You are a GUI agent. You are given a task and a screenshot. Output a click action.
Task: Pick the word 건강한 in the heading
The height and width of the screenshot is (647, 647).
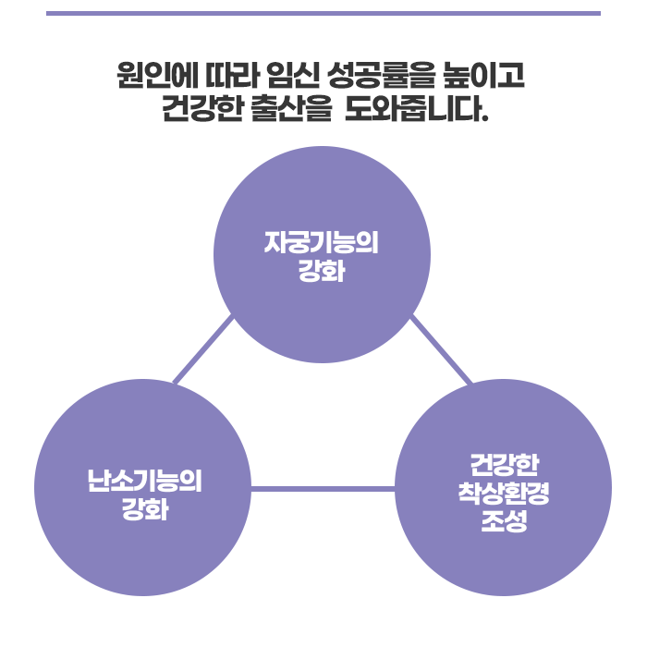click(201, 111)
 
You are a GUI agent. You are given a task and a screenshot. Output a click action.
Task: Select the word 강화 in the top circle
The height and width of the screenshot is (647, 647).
click(322, 273)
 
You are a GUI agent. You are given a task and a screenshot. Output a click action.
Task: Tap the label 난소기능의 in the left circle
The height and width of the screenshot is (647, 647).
click(143, 481)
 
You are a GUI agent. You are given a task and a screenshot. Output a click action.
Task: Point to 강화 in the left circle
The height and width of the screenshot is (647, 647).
click(143, 510)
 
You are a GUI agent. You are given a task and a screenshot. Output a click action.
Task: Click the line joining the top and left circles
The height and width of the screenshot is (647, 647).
click(203, 349)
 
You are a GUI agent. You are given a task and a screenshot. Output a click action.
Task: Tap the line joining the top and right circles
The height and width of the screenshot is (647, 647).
click(441, 349)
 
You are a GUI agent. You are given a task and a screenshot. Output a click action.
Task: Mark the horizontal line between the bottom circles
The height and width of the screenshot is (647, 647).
click(323, 488)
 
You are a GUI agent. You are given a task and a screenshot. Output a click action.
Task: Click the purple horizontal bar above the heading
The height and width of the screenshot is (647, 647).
click(323, 13)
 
